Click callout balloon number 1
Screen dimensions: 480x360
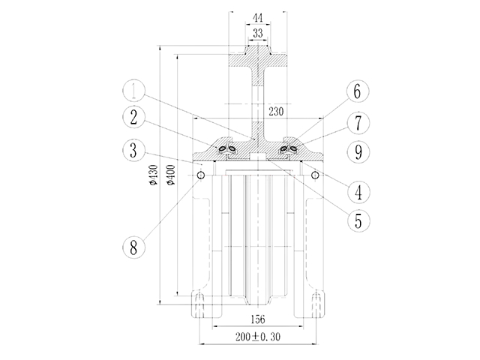click(x=133, y=91)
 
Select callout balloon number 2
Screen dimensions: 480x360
click(x=133, y=118)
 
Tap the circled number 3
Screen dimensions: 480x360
click(x=133, y=150)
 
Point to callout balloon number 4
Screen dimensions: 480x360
click(x=358, y=192)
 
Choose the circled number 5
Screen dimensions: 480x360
click(x=358, y=220)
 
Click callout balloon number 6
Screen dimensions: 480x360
click(x=358, y=91)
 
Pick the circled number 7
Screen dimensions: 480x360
click(x=358, y=122)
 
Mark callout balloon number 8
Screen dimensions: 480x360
click(x=133, y=247)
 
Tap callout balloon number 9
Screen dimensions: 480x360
click(x=358, y=151)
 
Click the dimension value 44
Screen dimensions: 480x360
click(x=258, y=18)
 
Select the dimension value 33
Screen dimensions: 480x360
click(x=258, y=33)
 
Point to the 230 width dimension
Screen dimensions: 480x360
click(x=276, y=112)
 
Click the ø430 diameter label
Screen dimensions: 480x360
click(x=153, y=175)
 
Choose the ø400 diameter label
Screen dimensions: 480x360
click(x=171, y=175)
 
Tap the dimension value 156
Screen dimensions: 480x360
click(x=258, y=319)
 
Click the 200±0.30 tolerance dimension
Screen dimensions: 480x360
click(x=258, y=337)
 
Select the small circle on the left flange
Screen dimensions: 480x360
click(x=201, y=175)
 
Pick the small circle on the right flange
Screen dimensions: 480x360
click(x=315, y=175)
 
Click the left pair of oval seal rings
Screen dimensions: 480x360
click(x=227, y=149)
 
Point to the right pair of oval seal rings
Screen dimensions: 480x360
click(x=289, y=149)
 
